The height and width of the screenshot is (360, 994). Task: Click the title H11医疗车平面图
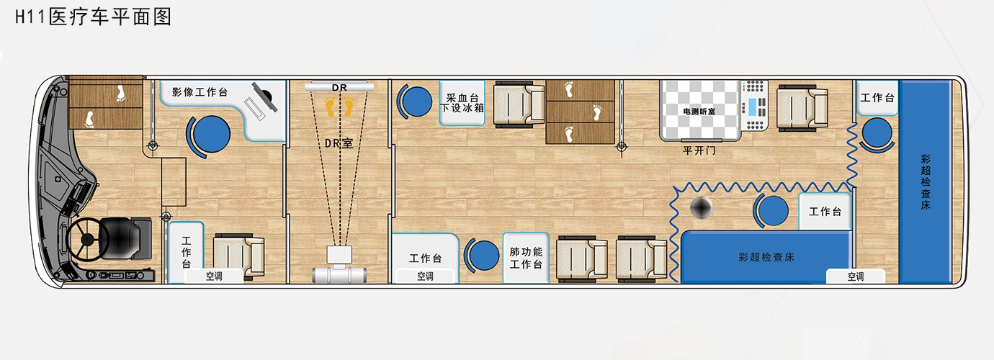93,17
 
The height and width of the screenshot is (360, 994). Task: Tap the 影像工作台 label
200,92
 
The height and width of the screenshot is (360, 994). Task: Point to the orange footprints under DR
339,107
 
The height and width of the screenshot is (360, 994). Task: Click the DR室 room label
339,143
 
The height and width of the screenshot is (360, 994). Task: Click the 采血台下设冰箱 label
462,103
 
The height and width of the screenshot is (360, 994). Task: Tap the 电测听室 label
699,112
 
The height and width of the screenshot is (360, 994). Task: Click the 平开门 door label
699,150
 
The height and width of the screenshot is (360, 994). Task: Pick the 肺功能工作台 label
526,258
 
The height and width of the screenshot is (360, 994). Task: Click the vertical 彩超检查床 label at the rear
926,181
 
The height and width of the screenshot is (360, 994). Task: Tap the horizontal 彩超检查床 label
766,257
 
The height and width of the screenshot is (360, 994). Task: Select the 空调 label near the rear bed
856,276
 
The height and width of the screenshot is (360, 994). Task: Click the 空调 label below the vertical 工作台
214,276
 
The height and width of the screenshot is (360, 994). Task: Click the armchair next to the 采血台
519,104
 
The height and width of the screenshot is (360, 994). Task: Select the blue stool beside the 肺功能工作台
482,256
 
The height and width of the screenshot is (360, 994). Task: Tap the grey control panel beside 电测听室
754,105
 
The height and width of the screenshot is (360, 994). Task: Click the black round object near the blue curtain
701,207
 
